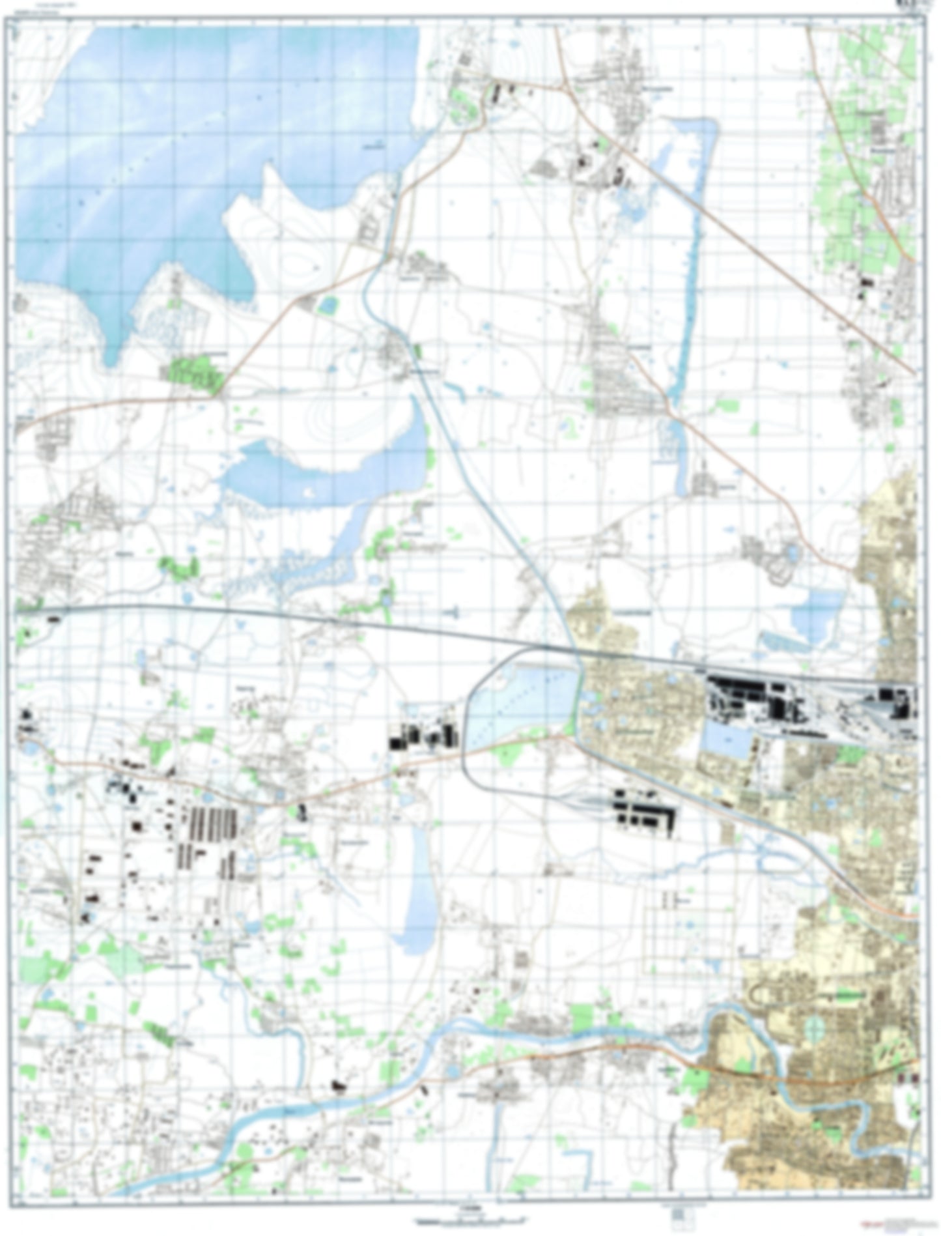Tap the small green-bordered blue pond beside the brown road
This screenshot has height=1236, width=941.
pos(329,303)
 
